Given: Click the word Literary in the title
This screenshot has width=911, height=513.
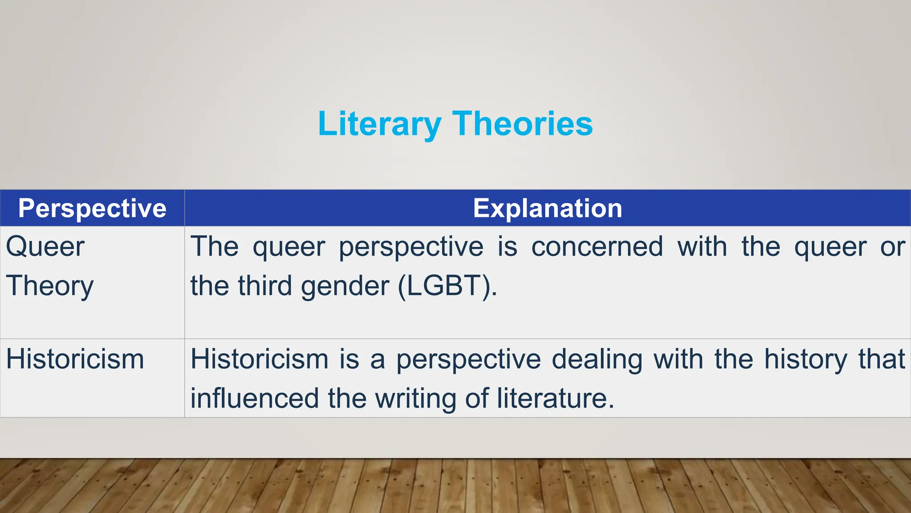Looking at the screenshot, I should coord(379,124).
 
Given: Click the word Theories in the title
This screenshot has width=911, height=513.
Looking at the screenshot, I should coord(523,124).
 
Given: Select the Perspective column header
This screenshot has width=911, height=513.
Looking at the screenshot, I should coord(92,208).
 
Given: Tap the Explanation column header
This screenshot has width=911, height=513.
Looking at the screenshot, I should coord(548,208).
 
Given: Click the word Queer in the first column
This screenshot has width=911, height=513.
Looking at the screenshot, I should coord(45,247).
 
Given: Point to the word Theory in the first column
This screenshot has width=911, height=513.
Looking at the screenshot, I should coord(50,286).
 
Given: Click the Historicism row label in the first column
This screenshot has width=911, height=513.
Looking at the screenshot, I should coord(75,359).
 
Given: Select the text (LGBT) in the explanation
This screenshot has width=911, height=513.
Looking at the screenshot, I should coord(447,285).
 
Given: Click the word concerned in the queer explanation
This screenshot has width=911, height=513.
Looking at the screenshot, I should coord(597,246).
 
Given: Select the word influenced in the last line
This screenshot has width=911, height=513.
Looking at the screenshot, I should coord(254,398).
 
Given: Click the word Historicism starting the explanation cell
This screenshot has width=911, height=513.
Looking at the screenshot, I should coord(259,359).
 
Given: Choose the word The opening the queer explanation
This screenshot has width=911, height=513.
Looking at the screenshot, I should coord(214,246).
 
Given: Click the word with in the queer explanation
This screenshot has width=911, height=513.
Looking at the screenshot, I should coord(702,246).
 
